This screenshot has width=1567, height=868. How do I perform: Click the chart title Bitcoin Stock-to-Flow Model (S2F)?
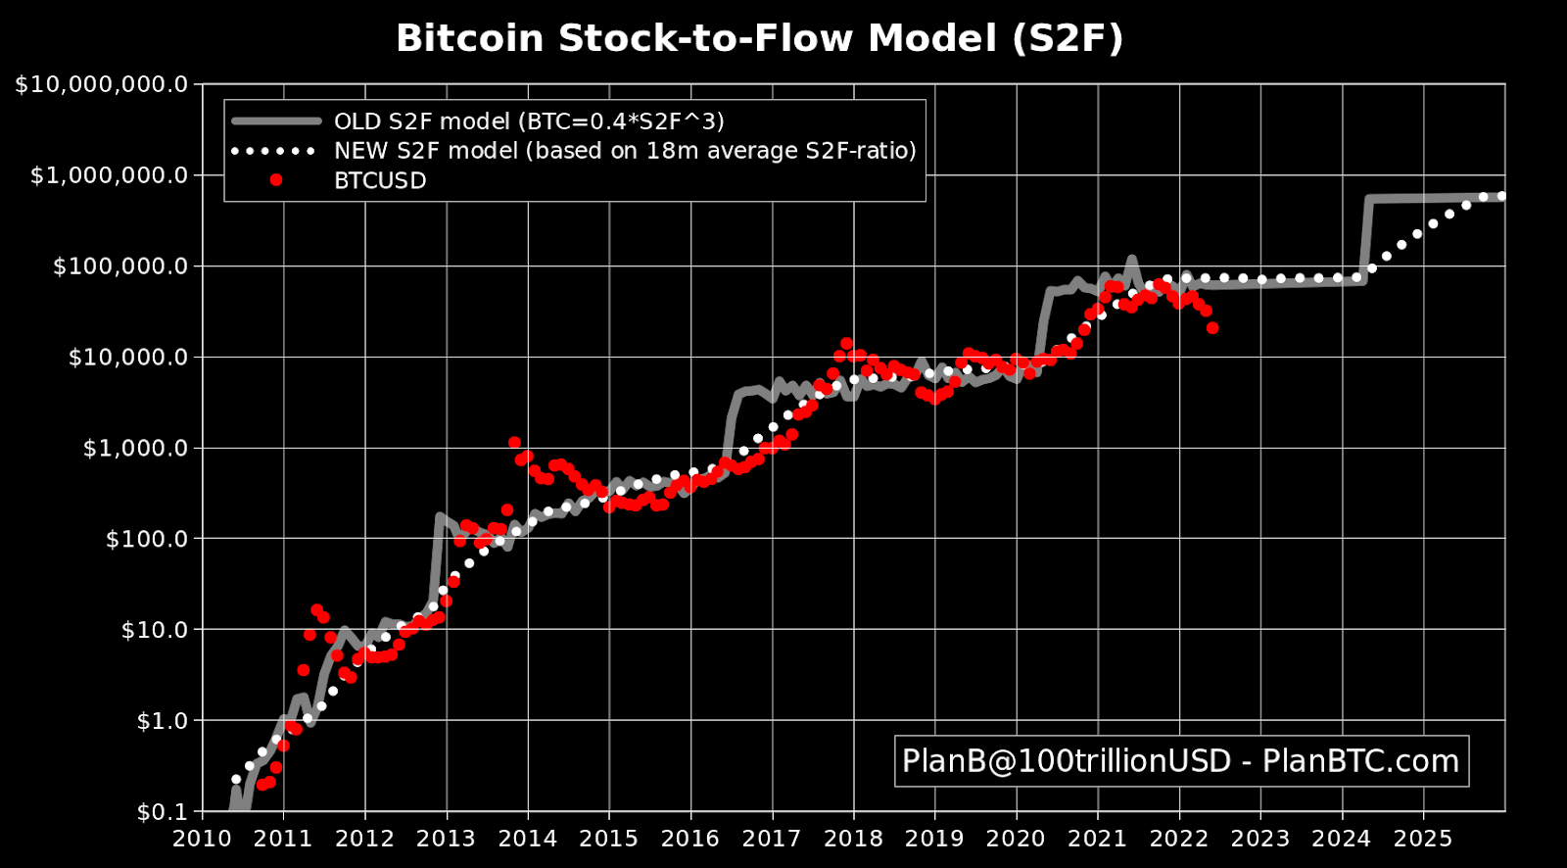point(759,39)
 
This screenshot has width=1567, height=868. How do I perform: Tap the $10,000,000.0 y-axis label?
point(102,84)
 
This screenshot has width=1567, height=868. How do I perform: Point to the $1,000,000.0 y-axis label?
point(110,175)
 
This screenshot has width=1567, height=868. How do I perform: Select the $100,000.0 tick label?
point(120,266)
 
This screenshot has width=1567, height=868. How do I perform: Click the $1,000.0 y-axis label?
point(135,449)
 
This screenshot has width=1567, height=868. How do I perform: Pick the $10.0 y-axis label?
point(154,630)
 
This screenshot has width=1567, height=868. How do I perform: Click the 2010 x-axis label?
point(202,839)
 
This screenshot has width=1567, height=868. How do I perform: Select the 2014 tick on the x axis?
point(528,839)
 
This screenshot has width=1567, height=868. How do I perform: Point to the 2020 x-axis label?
point(1016,839)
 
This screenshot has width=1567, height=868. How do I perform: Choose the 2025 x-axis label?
point(1423,839)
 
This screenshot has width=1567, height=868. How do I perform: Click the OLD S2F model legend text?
point(529,121)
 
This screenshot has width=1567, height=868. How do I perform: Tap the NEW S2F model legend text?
point(625,151)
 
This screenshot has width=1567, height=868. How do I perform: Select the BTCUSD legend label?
point(380,181)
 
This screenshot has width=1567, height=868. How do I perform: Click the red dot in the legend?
point(276,180)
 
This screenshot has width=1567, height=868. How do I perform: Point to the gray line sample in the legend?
point(276,121)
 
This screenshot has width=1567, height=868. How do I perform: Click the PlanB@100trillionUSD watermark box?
point(1181,761)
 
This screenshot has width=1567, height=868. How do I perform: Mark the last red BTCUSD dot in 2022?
point(1212,328)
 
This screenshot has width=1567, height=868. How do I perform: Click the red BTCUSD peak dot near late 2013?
point(514,443)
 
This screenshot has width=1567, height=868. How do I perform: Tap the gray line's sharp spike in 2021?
point(1131,260)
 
